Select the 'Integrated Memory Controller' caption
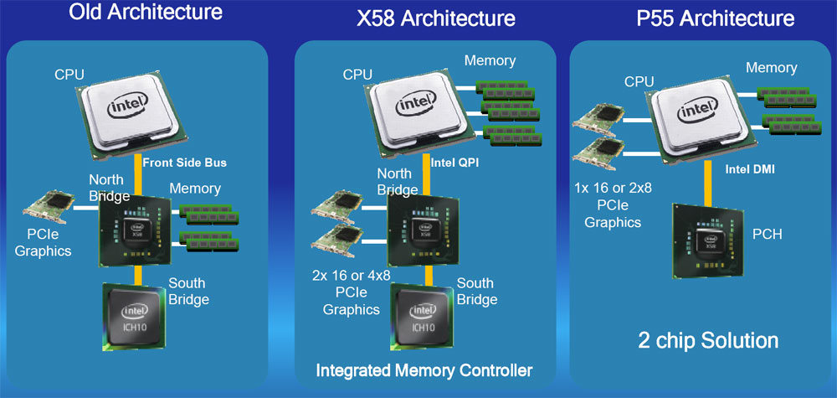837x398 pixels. pyautogui.click(x=424, y=370)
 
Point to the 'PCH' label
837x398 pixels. pyautogui.click(x=767, y=235)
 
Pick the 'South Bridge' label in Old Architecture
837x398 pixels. pyautogui.click(x=188, y=291)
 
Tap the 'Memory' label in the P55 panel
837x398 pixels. pyautogui.click(x=771, y=67)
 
